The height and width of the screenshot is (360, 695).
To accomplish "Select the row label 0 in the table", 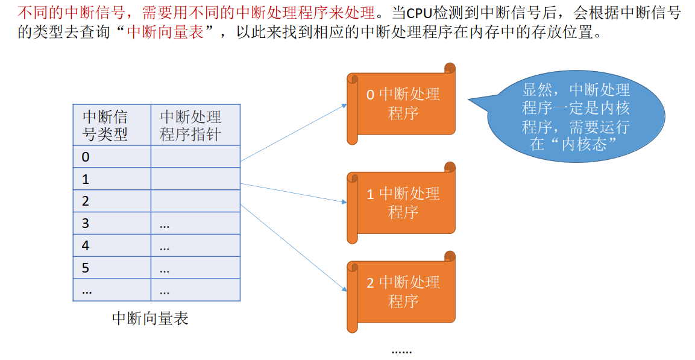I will pyautogui.click(x=86, y=157).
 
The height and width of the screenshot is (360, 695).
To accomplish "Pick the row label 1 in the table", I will pyautogui.click(x=86, y=179).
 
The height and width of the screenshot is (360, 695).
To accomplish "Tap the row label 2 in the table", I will pyautogui.click(x=86, y=201).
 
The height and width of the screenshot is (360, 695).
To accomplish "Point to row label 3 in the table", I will pyautogui.click(x=86, y=224).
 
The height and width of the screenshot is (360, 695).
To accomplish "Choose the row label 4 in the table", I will pyautogui.click(x=86, y=245).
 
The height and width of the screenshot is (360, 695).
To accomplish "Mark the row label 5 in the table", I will pyautogui.click(x=86, y=268).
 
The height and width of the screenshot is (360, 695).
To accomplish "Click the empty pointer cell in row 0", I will pyautogui.click(x=195, y=157).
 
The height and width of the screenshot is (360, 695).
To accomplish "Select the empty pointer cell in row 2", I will pyautogui.click(x=195, y=201).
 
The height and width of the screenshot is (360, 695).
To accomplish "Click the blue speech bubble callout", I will pyautogui.click(x=576, y=117).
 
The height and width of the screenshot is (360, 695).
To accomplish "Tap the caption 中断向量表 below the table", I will pyautogui.click(x=151, y=318).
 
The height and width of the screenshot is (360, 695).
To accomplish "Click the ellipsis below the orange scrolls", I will pyautogui.click(x=401, y=350).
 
